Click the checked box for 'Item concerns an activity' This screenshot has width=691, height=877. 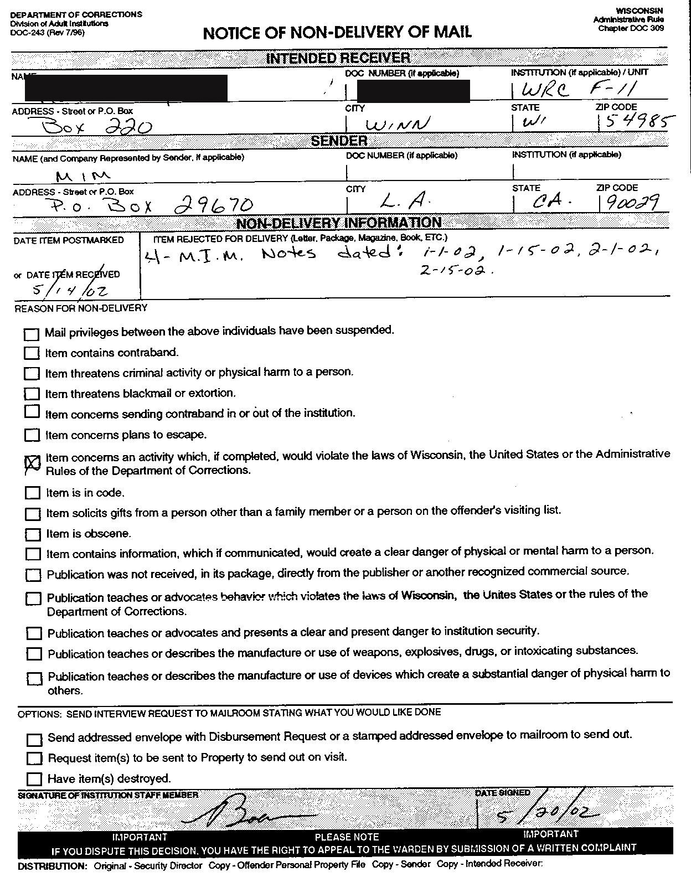(33, 463)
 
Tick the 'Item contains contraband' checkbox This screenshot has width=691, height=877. (32, 353)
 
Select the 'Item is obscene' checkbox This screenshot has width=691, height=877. (33, 534)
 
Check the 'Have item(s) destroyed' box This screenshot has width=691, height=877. (34, 779)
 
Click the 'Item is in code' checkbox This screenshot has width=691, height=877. (33, 493)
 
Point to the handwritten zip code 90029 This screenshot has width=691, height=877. (632, 203)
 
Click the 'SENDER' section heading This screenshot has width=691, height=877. (339, 141)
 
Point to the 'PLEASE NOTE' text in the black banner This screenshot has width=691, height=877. (347, 837)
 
